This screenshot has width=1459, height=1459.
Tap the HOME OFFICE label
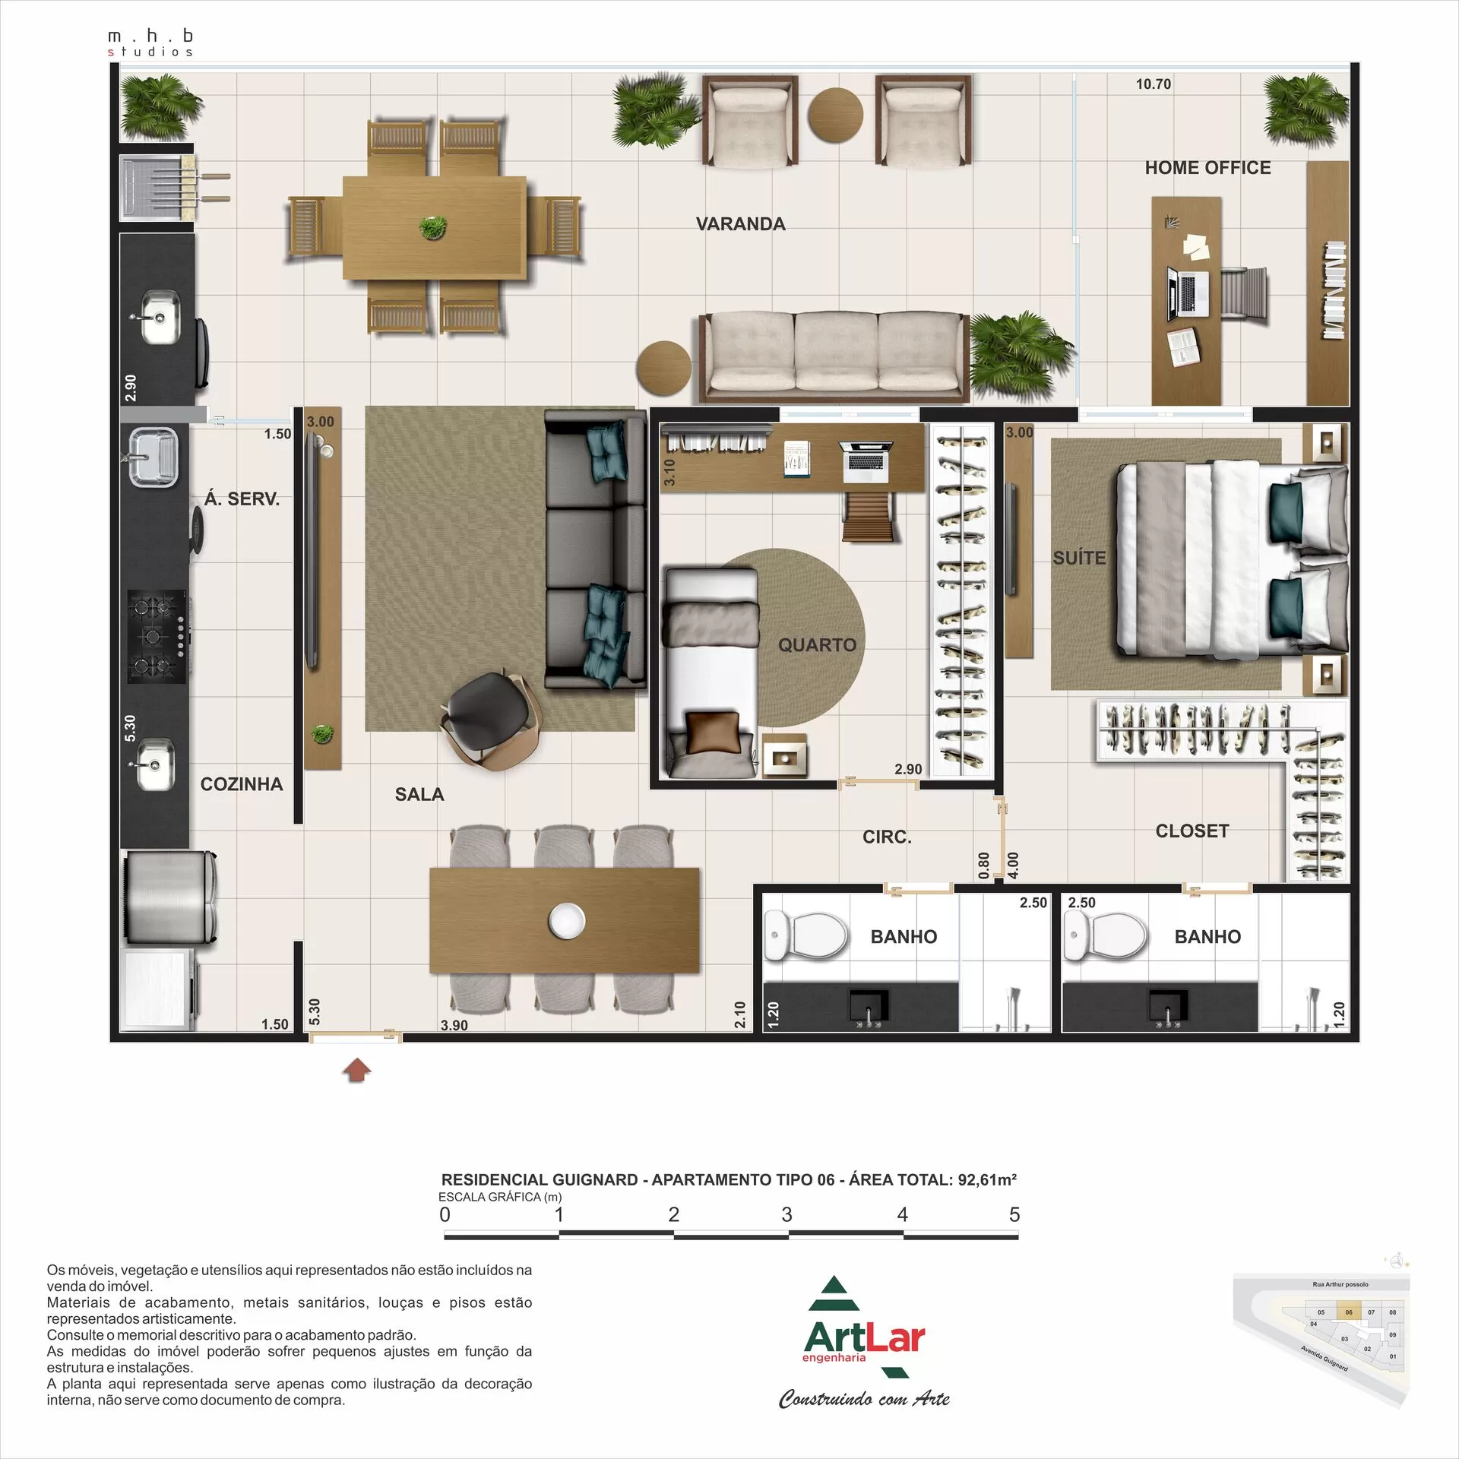point(1207,168)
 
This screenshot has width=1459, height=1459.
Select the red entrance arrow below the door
point(357,1071)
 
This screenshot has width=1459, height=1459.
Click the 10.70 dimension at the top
point(1153,84)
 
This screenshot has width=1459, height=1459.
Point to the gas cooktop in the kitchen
point(157,636)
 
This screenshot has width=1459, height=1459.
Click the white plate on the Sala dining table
point(567,920)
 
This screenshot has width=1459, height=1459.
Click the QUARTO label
point(817,645)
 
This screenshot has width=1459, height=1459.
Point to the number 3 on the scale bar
point(786,1215)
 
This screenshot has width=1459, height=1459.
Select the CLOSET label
point(1192,831)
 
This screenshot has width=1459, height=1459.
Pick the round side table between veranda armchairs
point(835,115)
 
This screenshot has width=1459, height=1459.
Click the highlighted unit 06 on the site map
point(1349,1312)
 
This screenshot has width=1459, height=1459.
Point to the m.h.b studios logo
point(150,43)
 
